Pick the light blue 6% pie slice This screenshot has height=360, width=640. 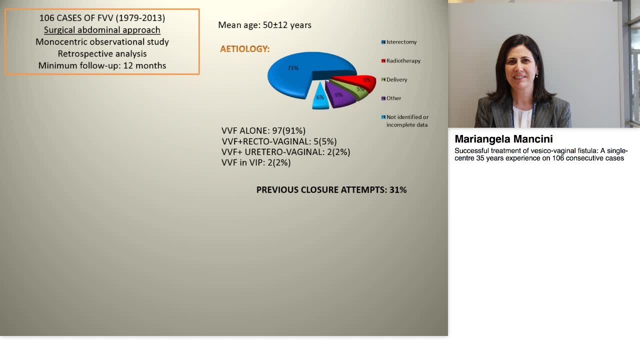[x=320, y=98]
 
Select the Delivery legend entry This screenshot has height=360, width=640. [x=396, y=79]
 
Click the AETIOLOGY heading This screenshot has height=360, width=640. [x=244, y=49]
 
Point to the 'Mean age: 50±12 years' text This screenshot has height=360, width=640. [x=264, y=25]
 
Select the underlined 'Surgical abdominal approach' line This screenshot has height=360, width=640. [x=102, y=30]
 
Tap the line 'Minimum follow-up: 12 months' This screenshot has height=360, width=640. [x=102, y=65]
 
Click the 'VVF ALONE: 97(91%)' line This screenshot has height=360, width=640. [x=263, y=131]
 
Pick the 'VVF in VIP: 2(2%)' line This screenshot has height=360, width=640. [x=256, y=162]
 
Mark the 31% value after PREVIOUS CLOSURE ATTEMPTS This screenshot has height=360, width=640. [x=398, y=190]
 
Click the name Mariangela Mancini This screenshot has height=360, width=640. [x=503, y=139]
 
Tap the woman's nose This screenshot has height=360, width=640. [x=520, y=70]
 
